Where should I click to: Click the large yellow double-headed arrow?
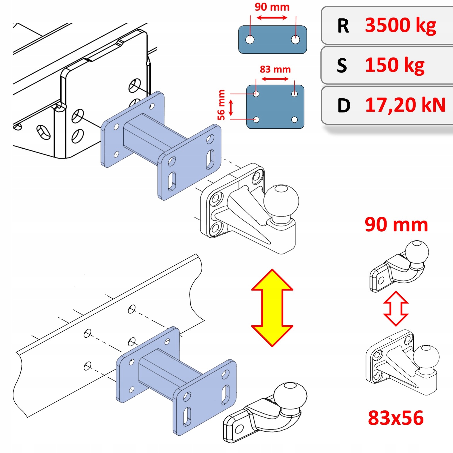(x=272, y=308)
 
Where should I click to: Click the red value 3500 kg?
(x=400, y=25)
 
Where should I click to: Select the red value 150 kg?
(x=395, y=65)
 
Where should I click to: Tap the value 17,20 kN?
(x=405, y=105)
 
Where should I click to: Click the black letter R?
(x=343, y=26)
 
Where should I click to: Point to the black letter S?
(x=342, y=66)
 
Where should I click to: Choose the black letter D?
(x=344, y=106)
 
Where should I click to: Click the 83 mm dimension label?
(x=275, y=69)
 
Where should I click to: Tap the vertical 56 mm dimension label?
(x=221, y=105)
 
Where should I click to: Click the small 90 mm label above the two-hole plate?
(x=272, y=7)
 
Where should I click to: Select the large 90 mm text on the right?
(x=396, y=225)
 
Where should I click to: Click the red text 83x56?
(x=396, y=418)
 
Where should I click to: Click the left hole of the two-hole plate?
(x=250, y=39)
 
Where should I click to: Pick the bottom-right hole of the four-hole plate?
(x=294, y=120)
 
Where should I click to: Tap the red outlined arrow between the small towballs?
(x=396, y=308)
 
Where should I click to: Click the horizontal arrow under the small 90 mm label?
(x=272, y=18)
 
